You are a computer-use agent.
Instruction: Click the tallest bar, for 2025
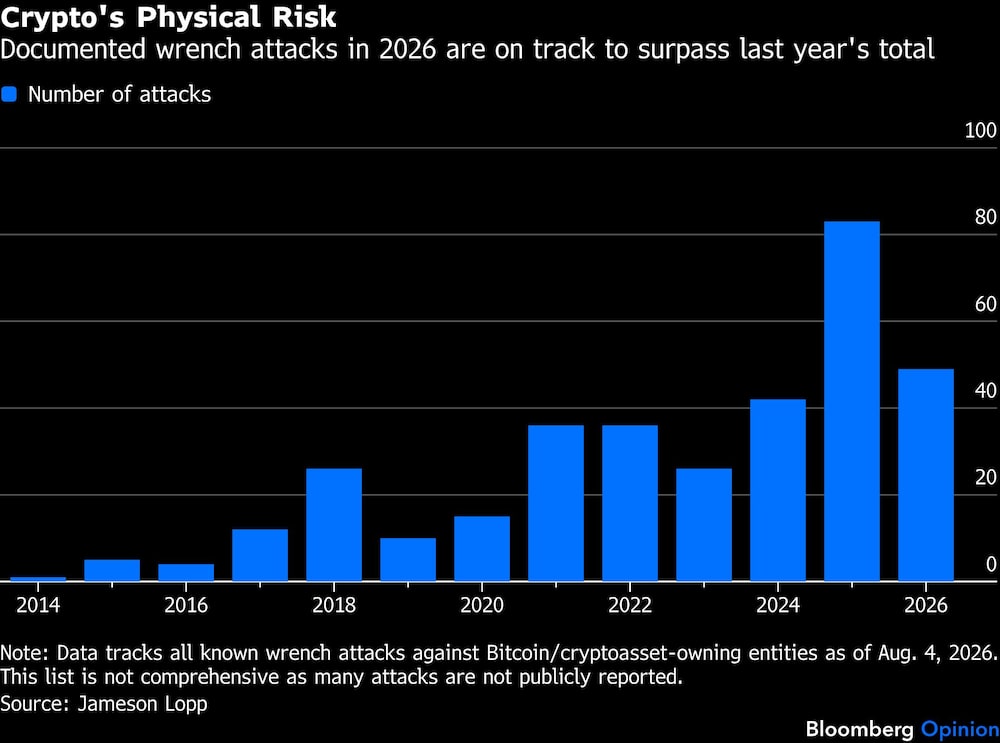851,401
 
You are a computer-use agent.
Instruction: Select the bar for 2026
925,474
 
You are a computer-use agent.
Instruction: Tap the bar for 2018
334,525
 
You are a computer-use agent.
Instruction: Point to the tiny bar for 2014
38,579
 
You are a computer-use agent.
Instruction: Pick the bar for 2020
482,548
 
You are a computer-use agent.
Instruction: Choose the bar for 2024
777,490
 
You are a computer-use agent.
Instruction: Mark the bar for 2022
629,503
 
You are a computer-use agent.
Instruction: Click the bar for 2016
186,572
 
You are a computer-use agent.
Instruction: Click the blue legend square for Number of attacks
9,94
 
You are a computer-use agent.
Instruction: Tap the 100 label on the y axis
980,131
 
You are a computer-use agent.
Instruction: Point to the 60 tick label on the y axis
985,304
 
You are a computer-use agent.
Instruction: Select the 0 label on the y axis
990,564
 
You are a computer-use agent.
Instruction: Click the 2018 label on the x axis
334,605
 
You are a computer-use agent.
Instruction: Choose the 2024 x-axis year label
777,605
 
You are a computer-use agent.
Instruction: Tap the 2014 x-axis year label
38,605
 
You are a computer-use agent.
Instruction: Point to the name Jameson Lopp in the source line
142,704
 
